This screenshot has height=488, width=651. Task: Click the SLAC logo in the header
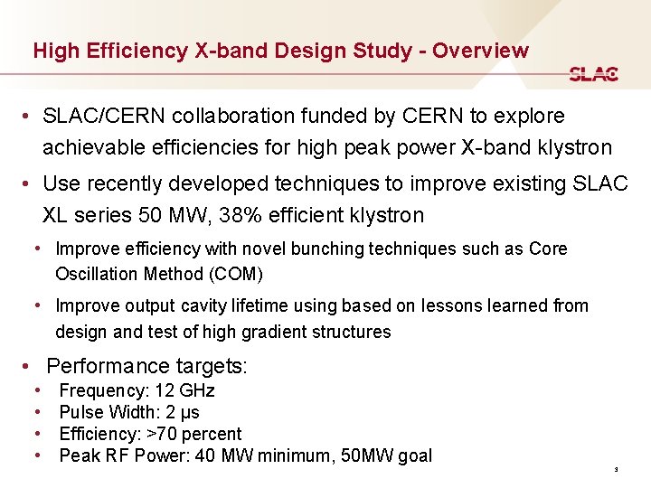594,74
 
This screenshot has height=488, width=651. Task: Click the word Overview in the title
480,51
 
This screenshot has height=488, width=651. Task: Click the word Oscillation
97,274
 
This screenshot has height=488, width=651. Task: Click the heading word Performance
108,366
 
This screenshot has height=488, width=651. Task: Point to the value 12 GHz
185,391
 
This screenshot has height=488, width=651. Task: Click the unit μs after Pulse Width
190,413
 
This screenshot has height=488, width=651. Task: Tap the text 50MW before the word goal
371,455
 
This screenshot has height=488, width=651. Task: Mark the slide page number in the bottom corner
615,470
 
